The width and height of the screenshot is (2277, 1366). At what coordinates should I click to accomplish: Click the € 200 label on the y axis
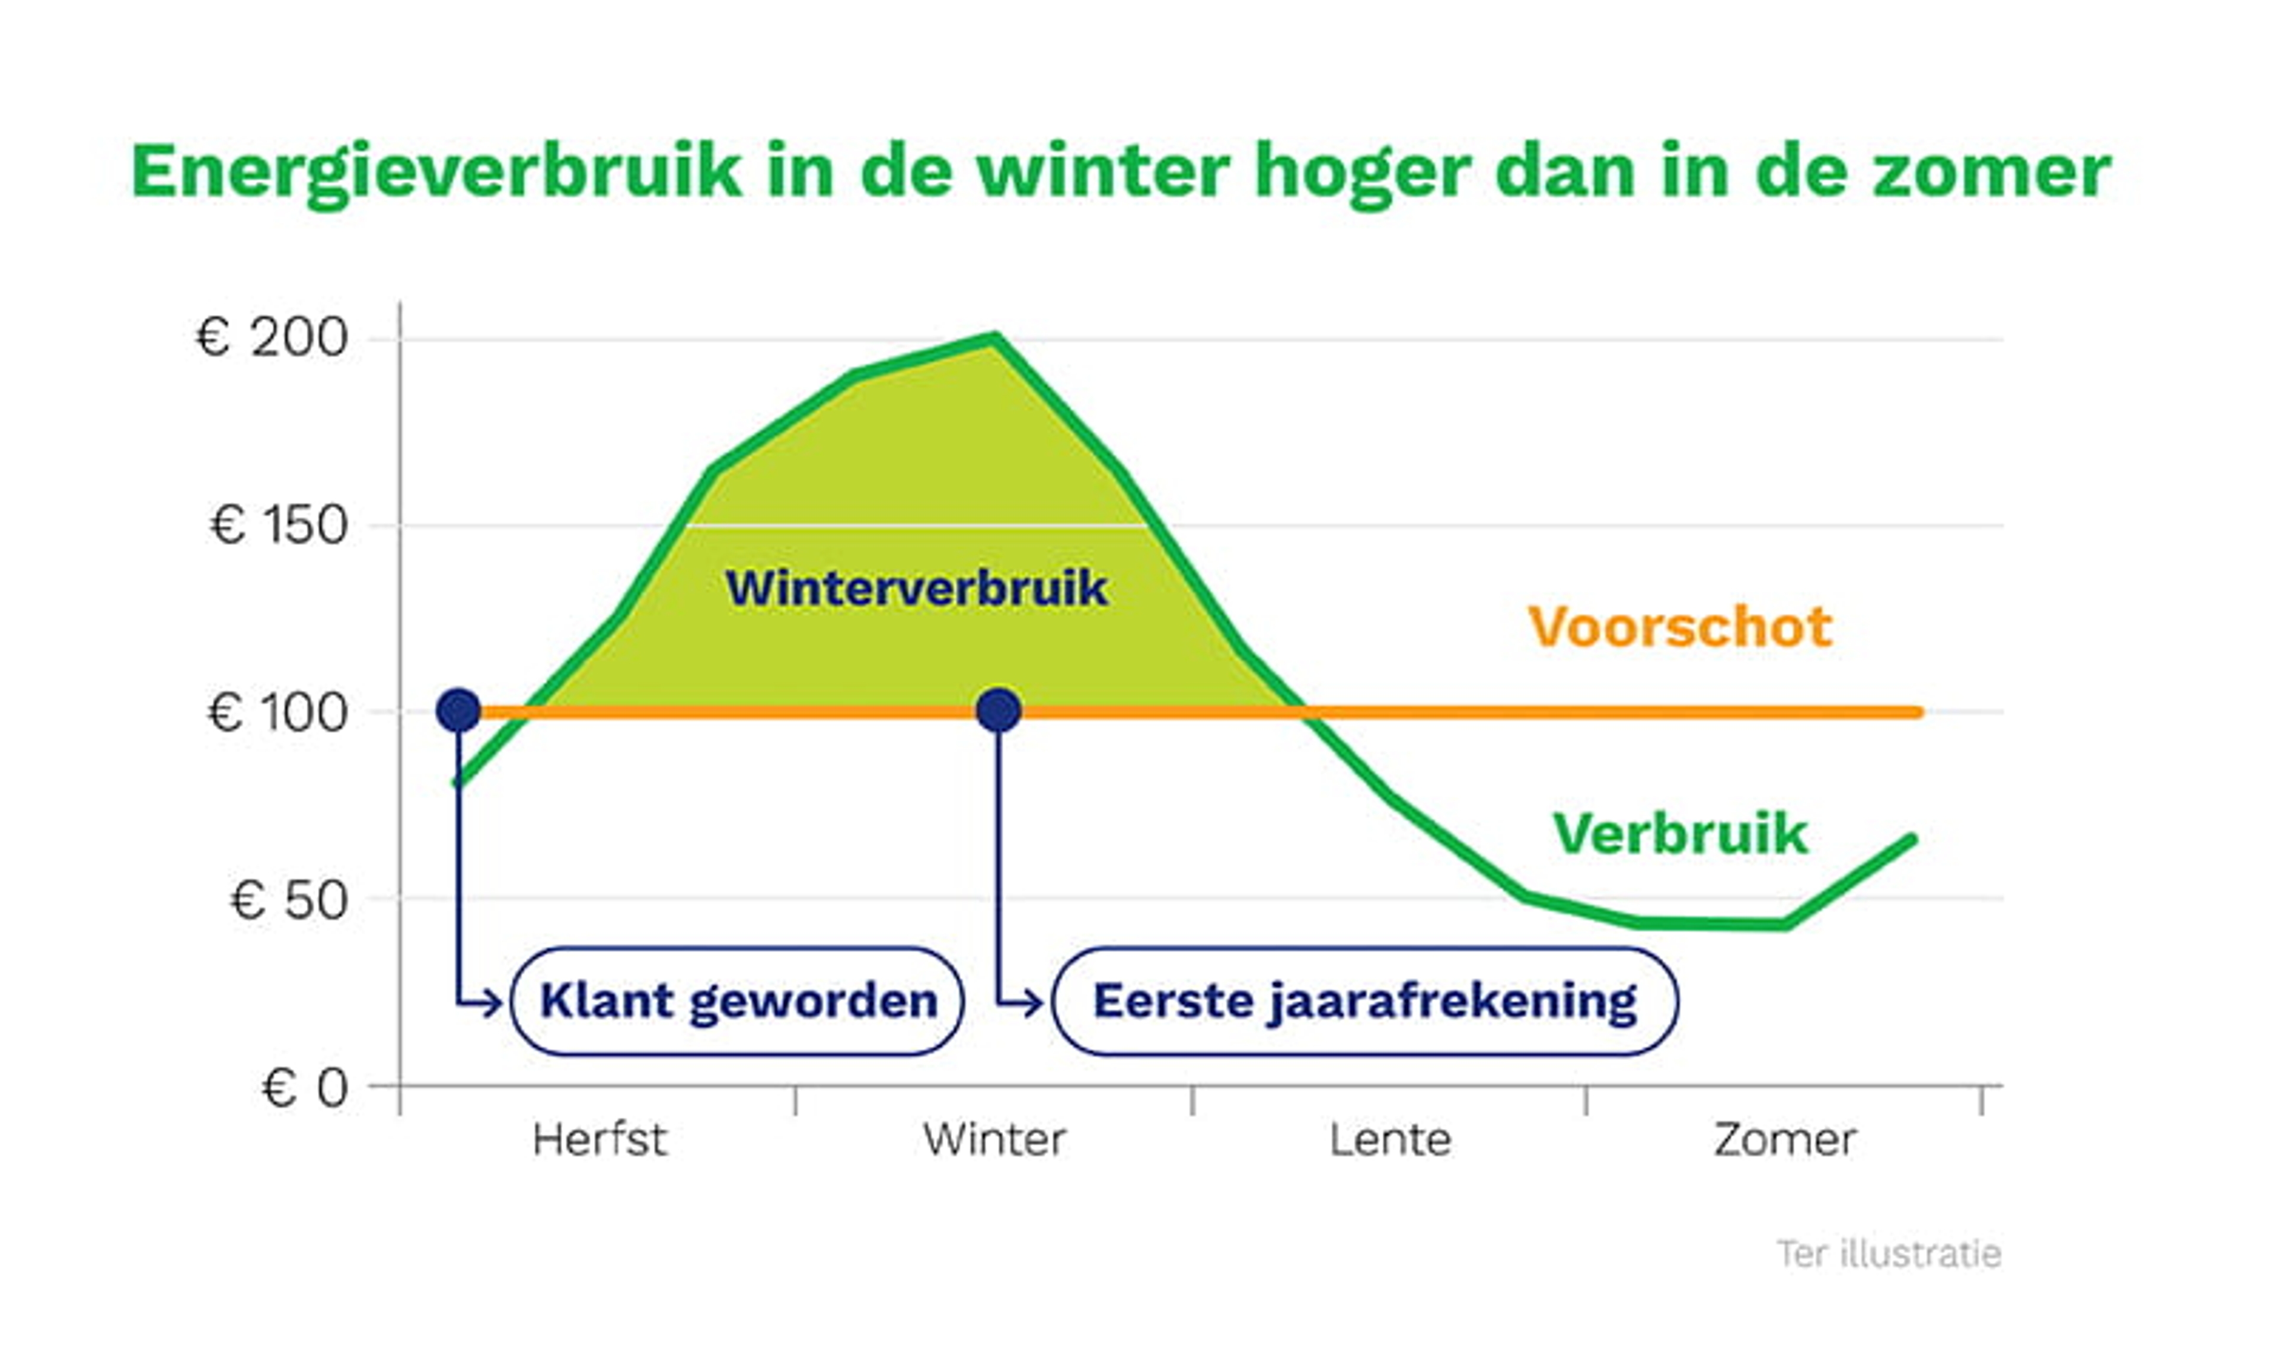(x=272, y=338)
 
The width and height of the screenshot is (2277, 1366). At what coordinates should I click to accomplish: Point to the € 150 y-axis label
(x=279, y=526)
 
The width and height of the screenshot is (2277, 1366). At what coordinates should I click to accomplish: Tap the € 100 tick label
(x=277, y=713)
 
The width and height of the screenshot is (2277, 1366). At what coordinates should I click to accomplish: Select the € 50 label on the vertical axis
(x=288, y=899)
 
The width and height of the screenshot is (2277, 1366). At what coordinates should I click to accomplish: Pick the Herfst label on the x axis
(x=599, y=1140)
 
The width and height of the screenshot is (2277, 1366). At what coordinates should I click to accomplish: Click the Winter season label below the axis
(x=995, y=1140)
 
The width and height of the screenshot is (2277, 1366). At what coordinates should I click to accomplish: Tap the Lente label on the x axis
(x=1390, y=1140)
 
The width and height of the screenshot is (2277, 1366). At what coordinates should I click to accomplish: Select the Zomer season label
(x=1785, y=1140)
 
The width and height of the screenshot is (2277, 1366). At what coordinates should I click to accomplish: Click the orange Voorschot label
(x=1680, y=628)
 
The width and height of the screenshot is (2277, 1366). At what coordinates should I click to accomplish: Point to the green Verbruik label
(x=1680, y=834)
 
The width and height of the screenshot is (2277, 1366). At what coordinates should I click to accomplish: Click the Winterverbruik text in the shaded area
(x=917, y=588)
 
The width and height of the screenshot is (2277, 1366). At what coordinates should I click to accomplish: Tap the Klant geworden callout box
(x=737, y=1001)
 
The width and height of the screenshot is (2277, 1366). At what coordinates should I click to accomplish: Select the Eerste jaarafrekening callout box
(x=1364, y=1001)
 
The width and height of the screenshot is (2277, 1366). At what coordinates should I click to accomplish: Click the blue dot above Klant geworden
(x=458, y=711)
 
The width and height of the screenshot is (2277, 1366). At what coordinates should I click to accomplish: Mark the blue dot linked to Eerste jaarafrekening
(x=999, y=711)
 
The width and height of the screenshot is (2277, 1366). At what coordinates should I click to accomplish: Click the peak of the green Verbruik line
(x=994, y=338)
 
